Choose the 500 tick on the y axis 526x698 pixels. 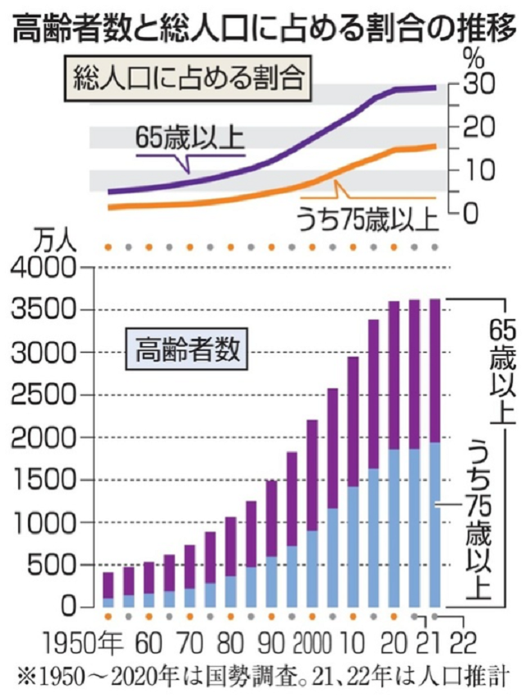[56, 565]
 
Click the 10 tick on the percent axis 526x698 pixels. [481, 171]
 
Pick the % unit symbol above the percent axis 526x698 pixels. [473, 58]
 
